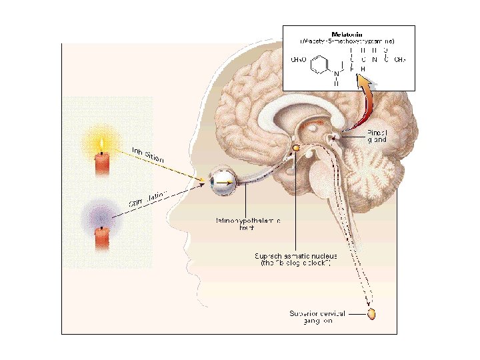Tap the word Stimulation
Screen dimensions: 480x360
(147, 197)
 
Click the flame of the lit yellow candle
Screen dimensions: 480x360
(101, 143)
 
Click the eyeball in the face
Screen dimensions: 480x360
(220, 181)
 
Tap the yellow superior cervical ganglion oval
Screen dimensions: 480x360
(372, 312)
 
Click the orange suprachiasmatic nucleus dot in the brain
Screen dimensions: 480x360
(295, 147)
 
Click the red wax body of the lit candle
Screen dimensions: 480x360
(102, 164)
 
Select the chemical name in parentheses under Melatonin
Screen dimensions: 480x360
(348, 41)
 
